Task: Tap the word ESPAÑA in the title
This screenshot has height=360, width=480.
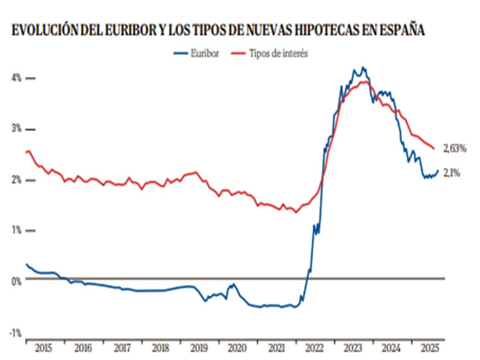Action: [x=402, y=31]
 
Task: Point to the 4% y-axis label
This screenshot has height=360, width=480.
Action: [x=16, y=78]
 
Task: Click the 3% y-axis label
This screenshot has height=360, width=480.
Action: [x=16, y=129]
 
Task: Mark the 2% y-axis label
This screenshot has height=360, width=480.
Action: [x=16, y=180]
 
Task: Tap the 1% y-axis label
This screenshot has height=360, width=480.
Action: [x=16, y=230]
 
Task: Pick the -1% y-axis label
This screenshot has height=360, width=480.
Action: [x=15, y=333]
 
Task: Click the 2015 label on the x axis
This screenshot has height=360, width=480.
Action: [x=44, y=348]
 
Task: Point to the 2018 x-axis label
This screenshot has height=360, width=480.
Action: [x=160, y=348]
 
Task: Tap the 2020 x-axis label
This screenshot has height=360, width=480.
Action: [x=237, y=348]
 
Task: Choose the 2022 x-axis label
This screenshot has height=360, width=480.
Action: [x=314, y=348]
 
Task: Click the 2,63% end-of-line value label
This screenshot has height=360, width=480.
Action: [x=455, y=149]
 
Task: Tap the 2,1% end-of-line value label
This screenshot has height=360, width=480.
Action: [x=452, y=173]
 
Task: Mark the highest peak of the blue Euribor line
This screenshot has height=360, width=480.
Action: [x=363, y=67]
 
